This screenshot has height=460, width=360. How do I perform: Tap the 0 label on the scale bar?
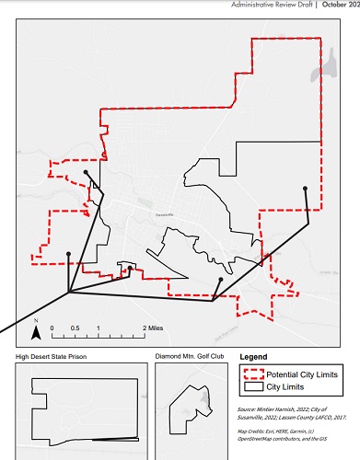tap(52, 328)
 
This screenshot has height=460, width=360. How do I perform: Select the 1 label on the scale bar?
tap(98, 328)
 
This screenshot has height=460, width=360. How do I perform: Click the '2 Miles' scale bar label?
tap(154, 328)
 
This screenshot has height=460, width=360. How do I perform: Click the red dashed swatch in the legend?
tap(252, 373)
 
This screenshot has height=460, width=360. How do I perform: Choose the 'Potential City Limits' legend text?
tap(300, 373)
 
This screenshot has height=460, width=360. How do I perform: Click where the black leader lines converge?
tap(69, 293)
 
